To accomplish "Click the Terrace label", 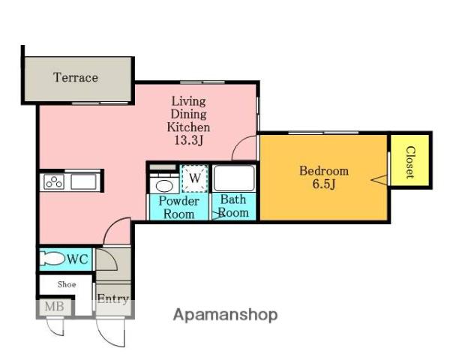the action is click(76, 77).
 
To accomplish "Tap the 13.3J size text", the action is click(188, 140).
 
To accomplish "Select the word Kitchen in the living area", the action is click(188, 127).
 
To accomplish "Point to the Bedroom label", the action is click(324, 171).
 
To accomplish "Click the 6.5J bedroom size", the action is click(324, 184).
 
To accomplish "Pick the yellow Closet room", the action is click(410, 160).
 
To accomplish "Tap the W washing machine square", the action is click(195, 178).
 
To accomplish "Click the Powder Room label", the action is click(178, 208).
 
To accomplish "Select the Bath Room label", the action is click(233, 206).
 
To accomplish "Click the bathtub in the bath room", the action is click(234, 178).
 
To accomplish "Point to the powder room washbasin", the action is click(164, 186).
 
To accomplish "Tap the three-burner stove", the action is click(54, 181).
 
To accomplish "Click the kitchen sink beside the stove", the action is click(83, 181).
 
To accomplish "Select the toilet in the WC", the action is click(52, 258).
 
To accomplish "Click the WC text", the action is click(77, 259).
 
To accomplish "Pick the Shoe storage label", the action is click(67, 284).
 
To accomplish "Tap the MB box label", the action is click(55, 307).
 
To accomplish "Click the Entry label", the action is click(113, 299).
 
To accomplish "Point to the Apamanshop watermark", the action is click(226, 315).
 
